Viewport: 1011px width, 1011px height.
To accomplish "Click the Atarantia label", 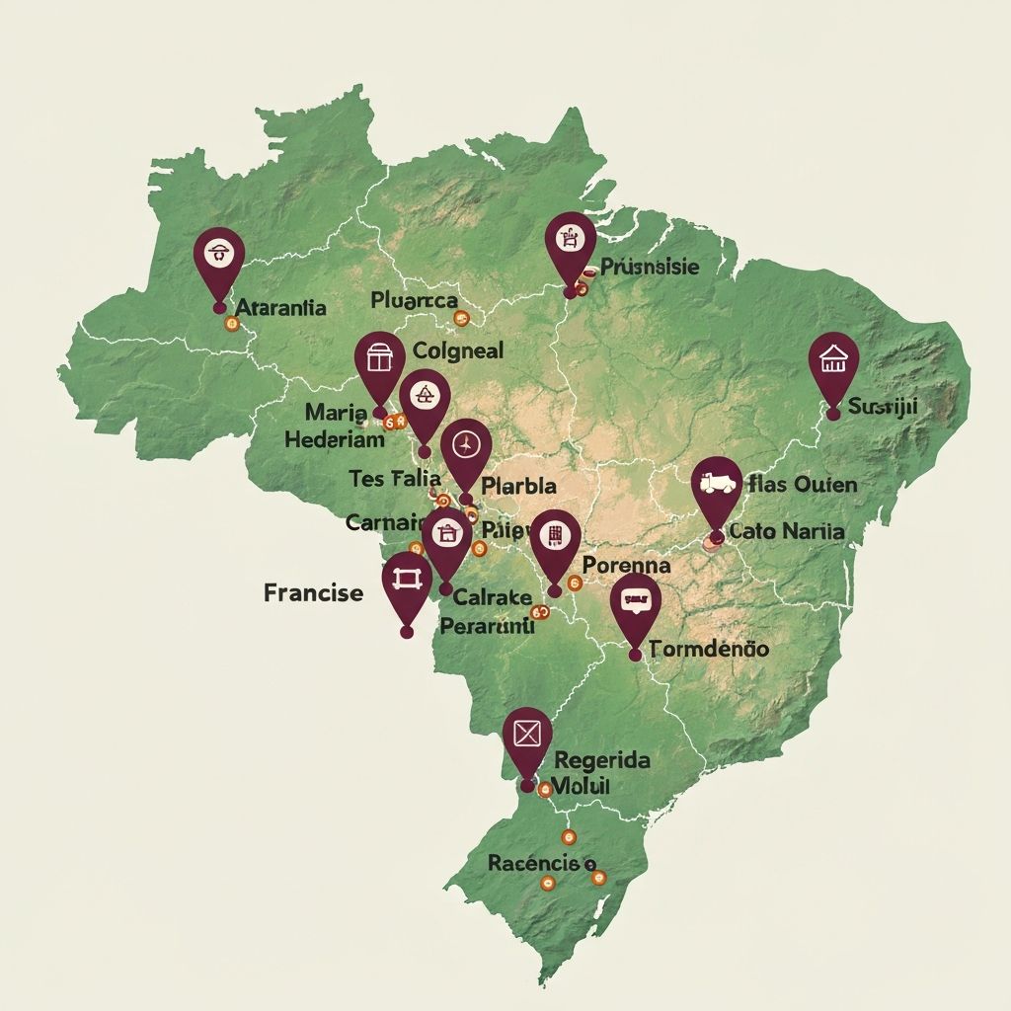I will point(281,307).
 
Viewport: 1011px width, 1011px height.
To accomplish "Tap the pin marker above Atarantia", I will point(218,258).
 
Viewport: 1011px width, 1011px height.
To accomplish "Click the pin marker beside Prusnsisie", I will point(570,244).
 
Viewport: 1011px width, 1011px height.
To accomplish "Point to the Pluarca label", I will point(414,300).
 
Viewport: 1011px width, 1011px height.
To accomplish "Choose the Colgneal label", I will point(458,350).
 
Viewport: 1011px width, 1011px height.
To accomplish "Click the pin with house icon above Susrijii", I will point(833,363).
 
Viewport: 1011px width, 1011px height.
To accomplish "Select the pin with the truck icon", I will point(717,488).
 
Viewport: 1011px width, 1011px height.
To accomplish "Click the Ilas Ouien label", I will point(803,485).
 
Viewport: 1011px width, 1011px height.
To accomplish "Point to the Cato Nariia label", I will point(786,531).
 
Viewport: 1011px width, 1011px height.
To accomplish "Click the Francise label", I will point(313,592).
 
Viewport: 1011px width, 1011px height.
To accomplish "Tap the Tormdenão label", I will point(709,650).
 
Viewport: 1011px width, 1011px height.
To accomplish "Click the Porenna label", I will point(626,566).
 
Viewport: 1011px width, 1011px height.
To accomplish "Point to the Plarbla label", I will point(518,486).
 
